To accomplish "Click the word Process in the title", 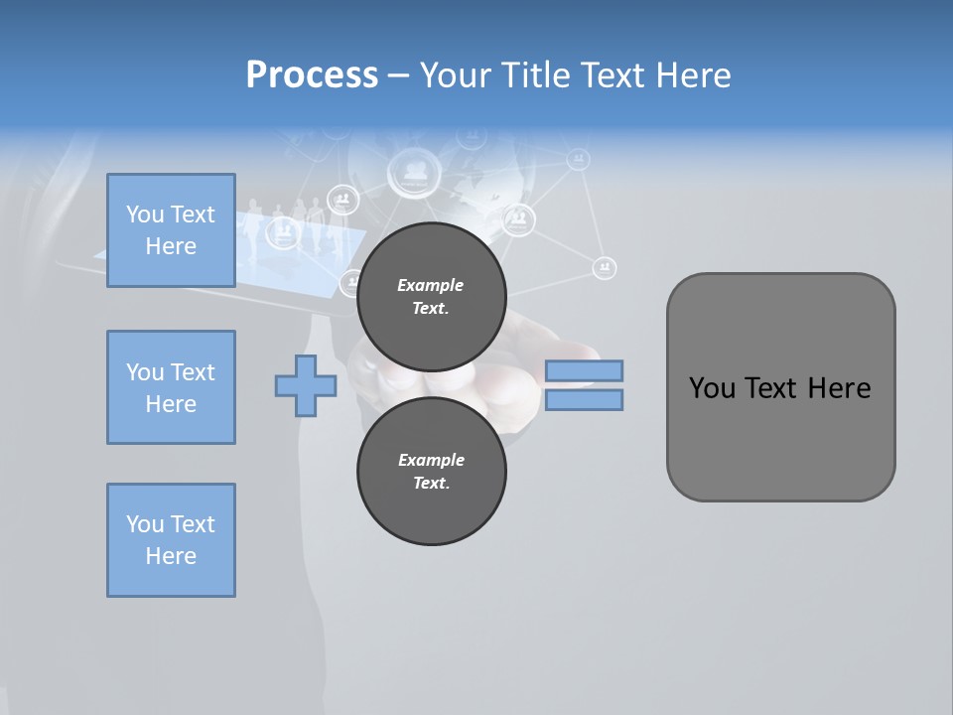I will [x=312, y=75].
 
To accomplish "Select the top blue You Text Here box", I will [x=171, y=230].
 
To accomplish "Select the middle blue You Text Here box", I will [x=171, y=387].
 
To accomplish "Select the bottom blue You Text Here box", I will [x=171, y=540].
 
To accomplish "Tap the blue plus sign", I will [x=306, y=385].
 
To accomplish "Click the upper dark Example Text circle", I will [x=431, y=296].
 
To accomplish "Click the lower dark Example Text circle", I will [x=431, y=471].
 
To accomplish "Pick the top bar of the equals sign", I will [x=584, y=370].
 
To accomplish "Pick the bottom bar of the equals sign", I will [x=584, y=399].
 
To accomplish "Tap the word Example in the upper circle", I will [x=431, y=285].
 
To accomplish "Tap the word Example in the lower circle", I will [x=431, y=460].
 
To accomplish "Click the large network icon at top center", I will [x=416, y=171].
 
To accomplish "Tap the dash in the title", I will [x=398, y=75].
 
